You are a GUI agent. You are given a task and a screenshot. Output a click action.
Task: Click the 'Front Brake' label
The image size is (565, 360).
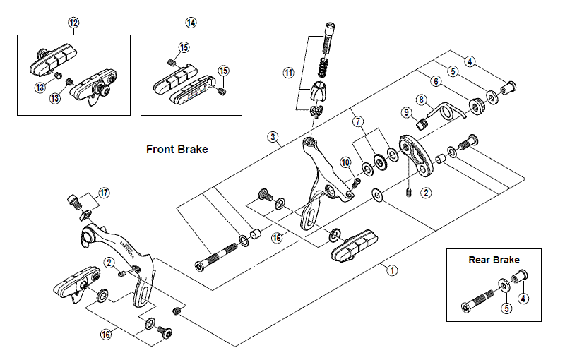point(177,149)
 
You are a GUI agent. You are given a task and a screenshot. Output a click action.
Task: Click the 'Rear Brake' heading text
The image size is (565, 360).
point(494,260)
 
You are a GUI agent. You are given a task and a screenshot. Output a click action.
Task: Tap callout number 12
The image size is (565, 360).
point(74,23)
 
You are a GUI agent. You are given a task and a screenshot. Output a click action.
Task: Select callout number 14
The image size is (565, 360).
point(191,23)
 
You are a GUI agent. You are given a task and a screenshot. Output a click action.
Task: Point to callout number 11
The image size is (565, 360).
point(287,73)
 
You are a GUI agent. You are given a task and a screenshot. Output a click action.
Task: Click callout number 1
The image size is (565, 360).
point(393,269)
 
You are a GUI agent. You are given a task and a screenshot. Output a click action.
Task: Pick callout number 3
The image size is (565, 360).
point(273,136)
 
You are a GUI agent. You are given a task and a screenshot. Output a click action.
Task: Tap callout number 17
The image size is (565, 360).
point(104,192)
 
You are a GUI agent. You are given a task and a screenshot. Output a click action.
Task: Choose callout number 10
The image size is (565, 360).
point(345,164)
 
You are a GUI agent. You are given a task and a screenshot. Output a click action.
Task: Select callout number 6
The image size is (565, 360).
point(435,82)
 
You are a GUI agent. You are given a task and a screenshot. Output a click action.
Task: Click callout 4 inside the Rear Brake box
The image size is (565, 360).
point(523,298)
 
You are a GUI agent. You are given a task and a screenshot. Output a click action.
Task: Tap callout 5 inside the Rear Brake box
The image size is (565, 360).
point(506,308)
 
